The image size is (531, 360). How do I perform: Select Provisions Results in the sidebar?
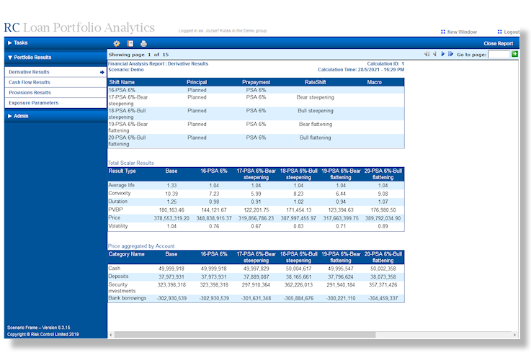(30, 93)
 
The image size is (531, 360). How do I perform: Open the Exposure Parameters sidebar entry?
(33, 103)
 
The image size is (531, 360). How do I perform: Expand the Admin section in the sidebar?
(21, 116)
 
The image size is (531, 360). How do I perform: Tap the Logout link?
(511, 32)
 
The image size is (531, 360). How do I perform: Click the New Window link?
(462, 32)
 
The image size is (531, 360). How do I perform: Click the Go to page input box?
(499, 54)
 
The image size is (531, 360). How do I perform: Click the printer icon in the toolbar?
(143, 44)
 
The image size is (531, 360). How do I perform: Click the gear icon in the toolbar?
(116, 44)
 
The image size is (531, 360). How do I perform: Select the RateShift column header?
(315, 82)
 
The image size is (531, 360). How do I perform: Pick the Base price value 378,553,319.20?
(171, 217)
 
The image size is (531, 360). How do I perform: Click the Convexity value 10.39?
(171, 194)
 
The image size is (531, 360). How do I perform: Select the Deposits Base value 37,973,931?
(171, 277)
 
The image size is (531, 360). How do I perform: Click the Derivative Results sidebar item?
(30, 72)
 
